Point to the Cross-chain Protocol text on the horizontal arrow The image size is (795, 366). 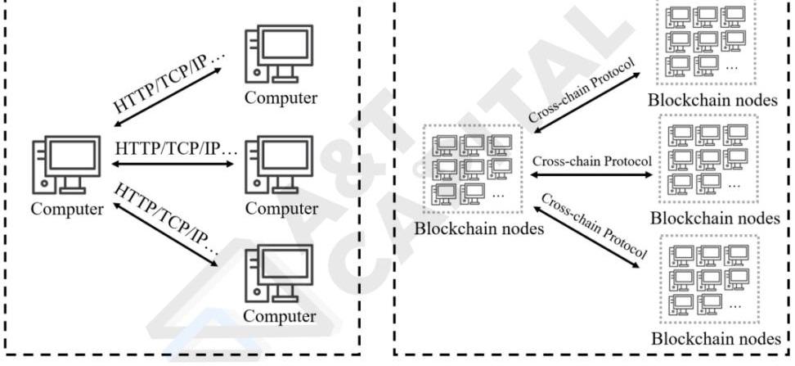click(x=591, y=160)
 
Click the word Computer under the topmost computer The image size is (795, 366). click(x=281, y=98)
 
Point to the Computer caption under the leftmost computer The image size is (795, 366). click(x=68, y=209)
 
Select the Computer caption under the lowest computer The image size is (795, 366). click(x=281, y=316)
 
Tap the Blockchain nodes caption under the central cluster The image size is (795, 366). click(x=478, y=228)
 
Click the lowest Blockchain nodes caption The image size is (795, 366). click(x=711, y=337)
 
